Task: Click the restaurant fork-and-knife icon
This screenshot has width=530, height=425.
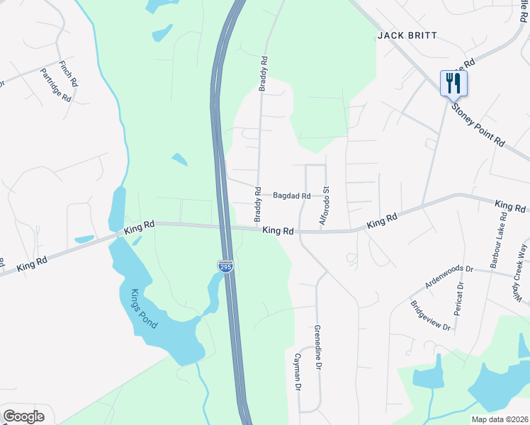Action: point(453,83)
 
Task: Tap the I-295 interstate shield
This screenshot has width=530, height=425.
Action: point(225,266)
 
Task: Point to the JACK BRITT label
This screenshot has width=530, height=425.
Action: point(407,35)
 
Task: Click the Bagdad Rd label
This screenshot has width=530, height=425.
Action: point(292,195)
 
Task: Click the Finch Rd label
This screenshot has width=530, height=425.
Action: point(68,72)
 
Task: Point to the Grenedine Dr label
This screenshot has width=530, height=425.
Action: point(318,348)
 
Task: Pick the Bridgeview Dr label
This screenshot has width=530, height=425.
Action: point(430,316)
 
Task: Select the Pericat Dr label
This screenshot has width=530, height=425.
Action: point(460,297)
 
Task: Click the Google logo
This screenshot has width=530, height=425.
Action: point(24,416)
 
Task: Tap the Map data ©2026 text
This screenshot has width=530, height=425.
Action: point(500,419)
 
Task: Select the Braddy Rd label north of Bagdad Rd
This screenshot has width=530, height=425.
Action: point(263,74)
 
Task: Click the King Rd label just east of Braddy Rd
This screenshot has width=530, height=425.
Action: point(278,231)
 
